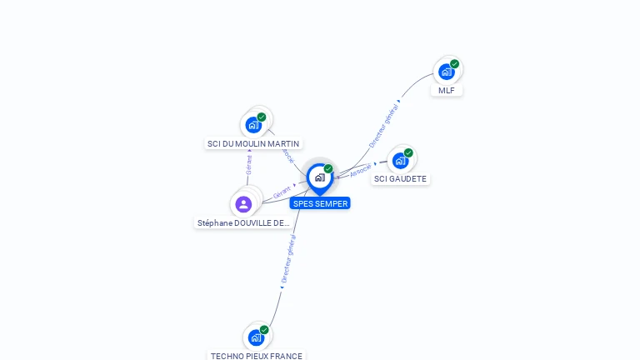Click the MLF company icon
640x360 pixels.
tap(447, 72)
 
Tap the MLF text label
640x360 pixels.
tap(447, 90)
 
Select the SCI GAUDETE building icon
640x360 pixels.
tap(401, 160)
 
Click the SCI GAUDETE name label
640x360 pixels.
tap(400, 178)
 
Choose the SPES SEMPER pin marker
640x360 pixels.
tap(319, 177)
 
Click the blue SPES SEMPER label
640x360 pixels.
tap(320, 203)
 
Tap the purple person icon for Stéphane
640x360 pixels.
tap(243, 203)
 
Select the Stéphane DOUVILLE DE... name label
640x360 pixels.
tap(243, 222)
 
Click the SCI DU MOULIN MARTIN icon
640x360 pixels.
tap(254, 125)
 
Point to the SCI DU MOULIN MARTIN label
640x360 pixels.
tap(254, 143)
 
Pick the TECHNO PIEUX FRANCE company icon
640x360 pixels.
tap(256, 337)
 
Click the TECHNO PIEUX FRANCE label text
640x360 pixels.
tap(257, 356)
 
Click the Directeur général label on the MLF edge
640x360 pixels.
tap(383, 126)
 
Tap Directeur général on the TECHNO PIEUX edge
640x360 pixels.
tap(288, 259)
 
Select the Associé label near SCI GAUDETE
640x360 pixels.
tap(361, 170)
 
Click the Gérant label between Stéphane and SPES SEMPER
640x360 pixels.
tap(282, 192)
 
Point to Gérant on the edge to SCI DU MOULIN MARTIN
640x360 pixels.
tap(249, 164)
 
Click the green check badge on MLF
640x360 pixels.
tap(454, 64)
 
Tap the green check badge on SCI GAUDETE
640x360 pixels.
tap(408, 152)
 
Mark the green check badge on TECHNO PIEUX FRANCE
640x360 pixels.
tap(264, 330)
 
